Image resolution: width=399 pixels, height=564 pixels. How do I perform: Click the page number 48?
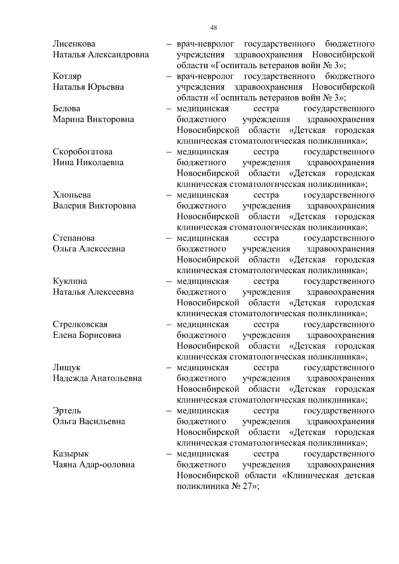(214, 28)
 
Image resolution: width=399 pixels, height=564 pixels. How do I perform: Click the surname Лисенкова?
(74, 44)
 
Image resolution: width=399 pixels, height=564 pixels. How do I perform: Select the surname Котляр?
(67, 76)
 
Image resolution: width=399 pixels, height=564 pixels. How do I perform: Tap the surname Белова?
(66, 109)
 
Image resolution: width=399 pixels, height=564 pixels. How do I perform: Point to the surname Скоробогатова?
(83, 152)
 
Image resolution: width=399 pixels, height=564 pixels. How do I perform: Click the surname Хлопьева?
(72, 195)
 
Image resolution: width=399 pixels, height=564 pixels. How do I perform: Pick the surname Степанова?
(74, 238)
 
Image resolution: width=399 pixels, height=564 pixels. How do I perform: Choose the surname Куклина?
(70, 281)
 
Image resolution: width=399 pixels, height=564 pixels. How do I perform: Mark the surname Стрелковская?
(80, 325)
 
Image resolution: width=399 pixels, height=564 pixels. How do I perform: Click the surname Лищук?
(66, 368)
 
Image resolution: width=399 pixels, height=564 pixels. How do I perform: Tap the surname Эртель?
(67, 411)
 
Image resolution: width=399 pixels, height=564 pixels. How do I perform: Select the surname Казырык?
(71, 454)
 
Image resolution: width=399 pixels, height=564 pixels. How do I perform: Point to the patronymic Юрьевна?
(106, 87)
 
